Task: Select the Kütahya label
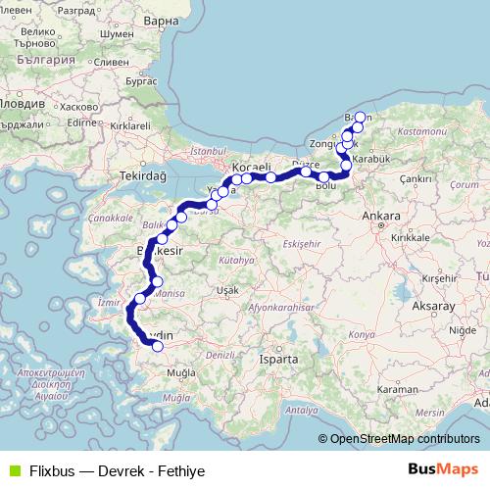click(235, 261)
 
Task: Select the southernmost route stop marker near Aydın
click(158, 345)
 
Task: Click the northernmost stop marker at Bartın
click(360, 118)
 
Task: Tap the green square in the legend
click(13, 470)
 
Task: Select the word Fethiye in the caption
click(179, 471)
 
